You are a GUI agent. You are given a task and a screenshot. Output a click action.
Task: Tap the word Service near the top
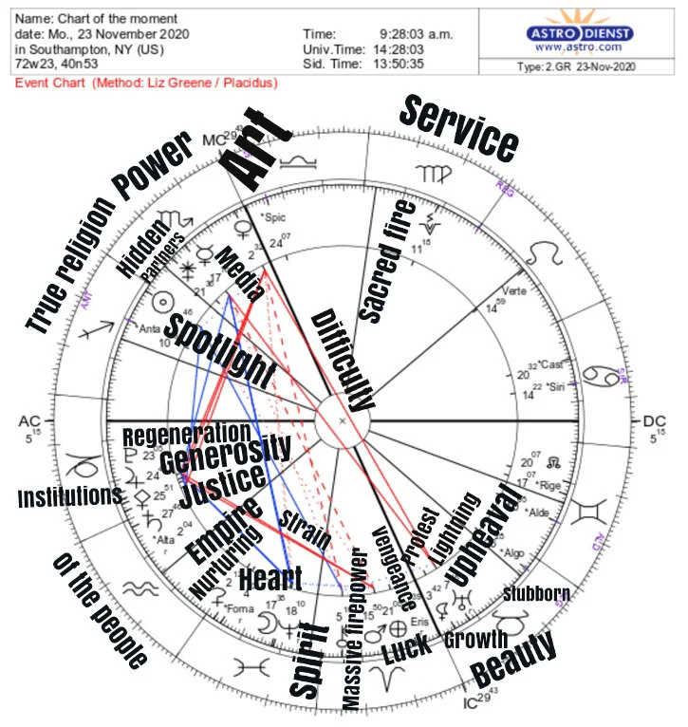459,127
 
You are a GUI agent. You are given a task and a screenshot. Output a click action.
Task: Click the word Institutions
69,496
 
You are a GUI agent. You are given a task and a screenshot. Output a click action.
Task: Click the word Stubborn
536,595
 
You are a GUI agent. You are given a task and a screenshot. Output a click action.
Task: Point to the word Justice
221,489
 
